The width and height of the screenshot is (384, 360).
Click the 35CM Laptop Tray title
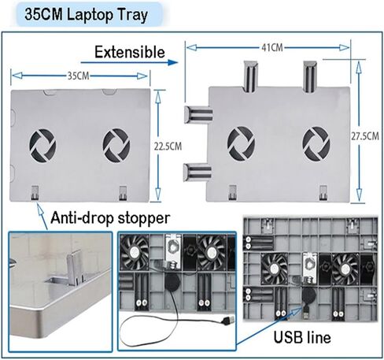86,14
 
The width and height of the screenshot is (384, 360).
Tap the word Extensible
130,52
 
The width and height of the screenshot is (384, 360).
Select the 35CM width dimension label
79,76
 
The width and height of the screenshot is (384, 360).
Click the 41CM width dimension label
272,48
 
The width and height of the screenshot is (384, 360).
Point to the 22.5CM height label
168,147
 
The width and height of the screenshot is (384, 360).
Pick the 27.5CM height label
365,136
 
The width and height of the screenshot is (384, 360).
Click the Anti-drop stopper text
110,218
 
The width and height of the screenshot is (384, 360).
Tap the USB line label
302,337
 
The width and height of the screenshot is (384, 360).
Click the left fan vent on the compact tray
42,145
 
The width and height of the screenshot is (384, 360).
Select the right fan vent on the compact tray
116,145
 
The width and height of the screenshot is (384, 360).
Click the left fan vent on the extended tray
241,143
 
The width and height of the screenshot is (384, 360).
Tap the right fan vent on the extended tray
316,143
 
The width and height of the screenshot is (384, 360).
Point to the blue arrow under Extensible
129,62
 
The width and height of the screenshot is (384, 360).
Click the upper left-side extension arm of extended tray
198,114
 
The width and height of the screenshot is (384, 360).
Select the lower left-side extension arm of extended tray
198,172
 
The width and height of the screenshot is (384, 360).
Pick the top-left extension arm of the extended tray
250,76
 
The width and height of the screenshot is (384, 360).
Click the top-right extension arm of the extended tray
310,76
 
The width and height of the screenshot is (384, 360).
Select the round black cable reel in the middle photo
172,280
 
